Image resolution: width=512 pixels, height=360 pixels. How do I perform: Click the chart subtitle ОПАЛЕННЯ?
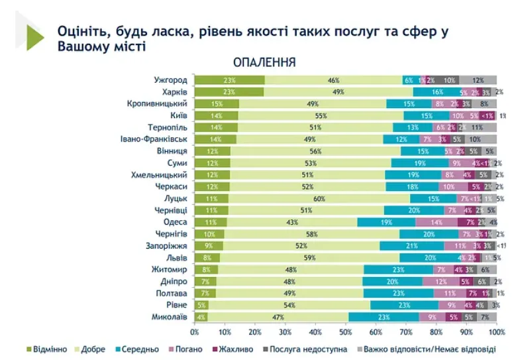(264, 62)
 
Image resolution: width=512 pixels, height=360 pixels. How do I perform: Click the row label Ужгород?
(170, 80)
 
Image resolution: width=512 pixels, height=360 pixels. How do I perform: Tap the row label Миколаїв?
(168, 317)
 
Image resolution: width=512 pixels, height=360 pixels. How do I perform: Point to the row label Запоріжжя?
(168, 246)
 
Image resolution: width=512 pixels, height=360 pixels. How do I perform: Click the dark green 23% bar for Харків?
(229, 92)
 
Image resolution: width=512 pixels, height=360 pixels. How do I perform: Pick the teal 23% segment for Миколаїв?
(384, 317)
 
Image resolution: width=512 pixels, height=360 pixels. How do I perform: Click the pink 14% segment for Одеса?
(436, 223)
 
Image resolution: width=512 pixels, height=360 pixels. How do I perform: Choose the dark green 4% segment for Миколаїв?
(201, 317)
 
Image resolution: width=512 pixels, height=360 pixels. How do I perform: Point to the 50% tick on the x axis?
(346, 331)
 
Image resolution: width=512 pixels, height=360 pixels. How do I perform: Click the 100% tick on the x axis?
(496, 331)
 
